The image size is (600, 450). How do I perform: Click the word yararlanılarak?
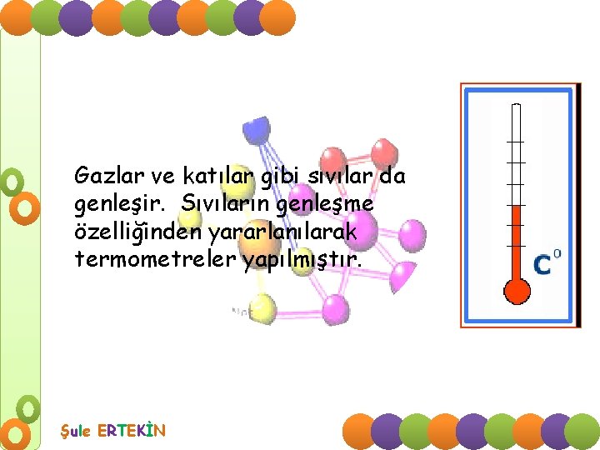297,233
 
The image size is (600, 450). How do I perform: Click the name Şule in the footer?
77,431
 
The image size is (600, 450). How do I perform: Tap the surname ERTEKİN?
132,431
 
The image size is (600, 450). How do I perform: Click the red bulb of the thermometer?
517,290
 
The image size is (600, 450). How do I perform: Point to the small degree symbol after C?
557,253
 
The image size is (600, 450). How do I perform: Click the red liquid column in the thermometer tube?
517,242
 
